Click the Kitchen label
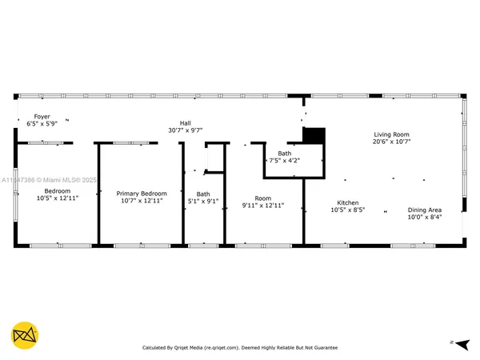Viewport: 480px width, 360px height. [347, 203]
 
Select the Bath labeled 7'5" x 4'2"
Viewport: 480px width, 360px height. [284, 153]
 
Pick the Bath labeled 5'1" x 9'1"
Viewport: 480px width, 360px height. [203, 194]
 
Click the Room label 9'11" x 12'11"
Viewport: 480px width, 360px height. [262, 198]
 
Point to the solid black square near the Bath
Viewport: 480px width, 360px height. [314, 137]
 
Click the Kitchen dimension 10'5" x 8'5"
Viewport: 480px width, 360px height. [347, 211]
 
